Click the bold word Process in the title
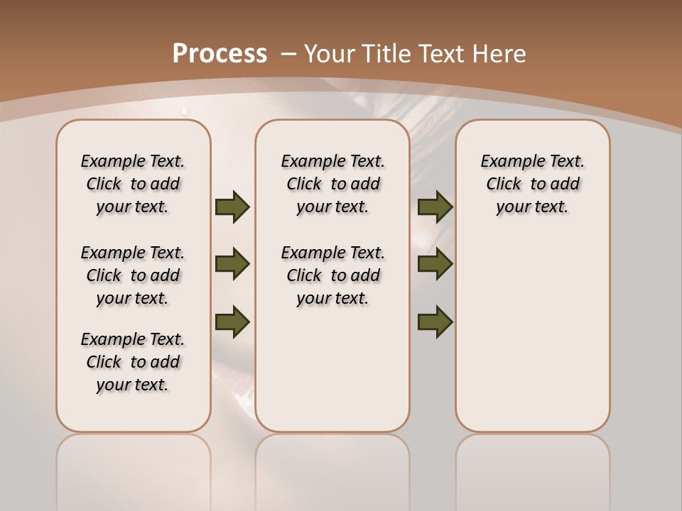(x=220, y=53)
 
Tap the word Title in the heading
(x=388, y=53)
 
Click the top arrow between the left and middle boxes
(x=232, y=207)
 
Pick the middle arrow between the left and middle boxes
(x=232, y=264)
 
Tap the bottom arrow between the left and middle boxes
(x=232, y=322)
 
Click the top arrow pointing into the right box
(x=435, y=207)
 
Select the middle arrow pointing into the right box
(x=435, y=264)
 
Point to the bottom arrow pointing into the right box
(x=435, y=322)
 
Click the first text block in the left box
(x=133, y=184)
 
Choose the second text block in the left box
(x=133, y=275)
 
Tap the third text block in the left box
(x=133, y=362)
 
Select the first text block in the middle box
(x=333, y=184)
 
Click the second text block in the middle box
(x=333, y=275)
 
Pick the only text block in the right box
(x=533, y=184)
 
